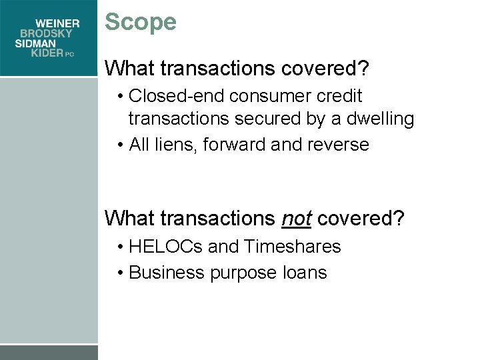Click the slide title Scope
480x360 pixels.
[141, 22]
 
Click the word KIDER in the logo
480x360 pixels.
[47, 53]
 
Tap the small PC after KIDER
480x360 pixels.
[70, 55]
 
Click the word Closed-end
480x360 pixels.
[175, 97]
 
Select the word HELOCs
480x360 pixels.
[166, 247]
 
